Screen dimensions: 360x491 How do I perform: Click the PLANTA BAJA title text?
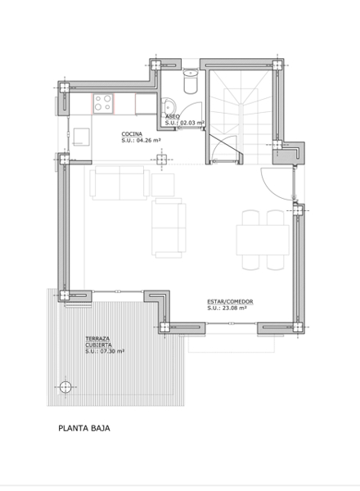click(x=84, y=428)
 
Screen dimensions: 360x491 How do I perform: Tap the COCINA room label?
click(x=132, y=134)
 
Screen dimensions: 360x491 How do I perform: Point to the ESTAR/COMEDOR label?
click(x=230, y=301)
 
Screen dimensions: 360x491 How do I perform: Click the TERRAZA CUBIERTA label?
click(x=99, y=341)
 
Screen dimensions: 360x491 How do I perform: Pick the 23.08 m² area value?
click(x=234, y=309)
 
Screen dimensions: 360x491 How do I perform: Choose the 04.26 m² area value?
click(x=148, y=140)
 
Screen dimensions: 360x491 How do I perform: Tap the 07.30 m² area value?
click(x=112, y=351)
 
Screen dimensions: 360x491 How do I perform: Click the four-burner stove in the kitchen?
click(x=103, y=103)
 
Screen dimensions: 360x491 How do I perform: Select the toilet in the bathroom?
click(x=191, y=81)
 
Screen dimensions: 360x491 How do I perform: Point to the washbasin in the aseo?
click(x=168, y=106)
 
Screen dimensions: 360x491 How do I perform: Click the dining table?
click(x=263, y=240)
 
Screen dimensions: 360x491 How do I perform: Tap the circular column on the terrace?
click(x=65, y=387)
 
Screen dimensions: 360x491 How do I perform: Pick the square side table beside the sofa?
click(x=163, y=185)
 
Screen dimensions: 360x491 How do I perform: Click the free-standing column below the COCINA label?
click(x=161, y=160)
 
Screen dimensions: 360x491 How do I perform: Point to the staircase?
click(x=241, y=116)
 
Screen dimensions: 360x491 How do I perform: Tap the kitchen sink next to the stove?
click(x=146, y=104)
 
